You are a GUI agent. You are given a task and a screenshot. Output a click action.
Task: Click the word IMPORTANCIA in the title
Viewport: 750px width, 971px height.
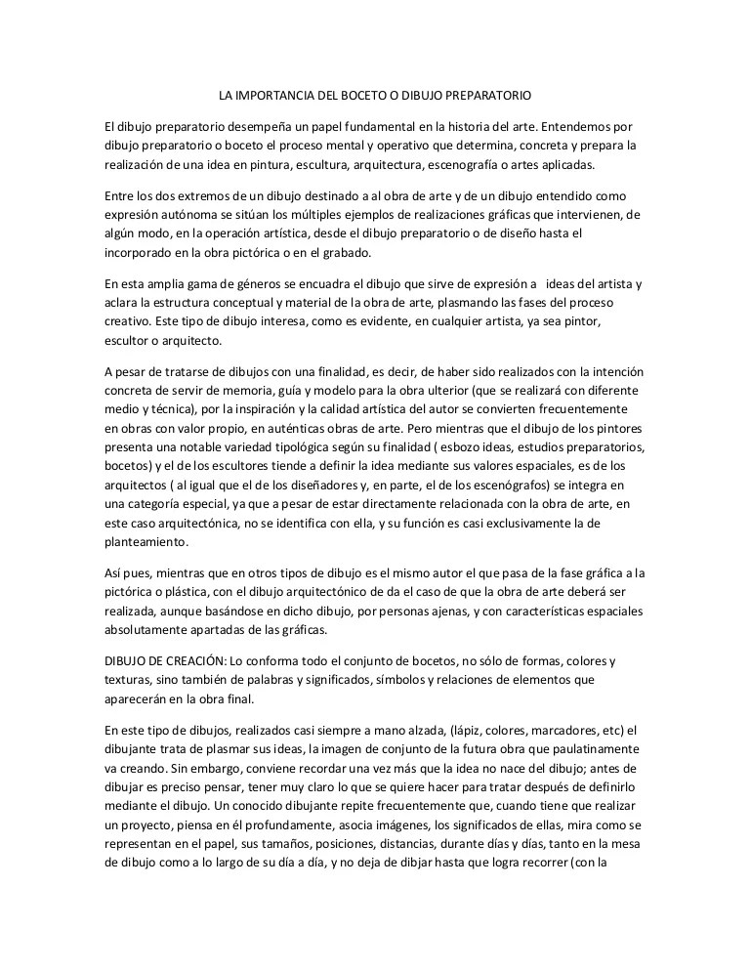tap(276, 97)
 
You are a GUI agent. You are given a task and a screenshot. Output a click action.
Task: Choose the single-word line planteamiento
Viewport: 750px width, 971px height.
tap(147, 541)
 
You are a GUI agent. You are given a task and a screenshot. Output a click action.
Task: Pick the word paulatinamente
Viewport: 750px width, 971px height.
tap(589, 748)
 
